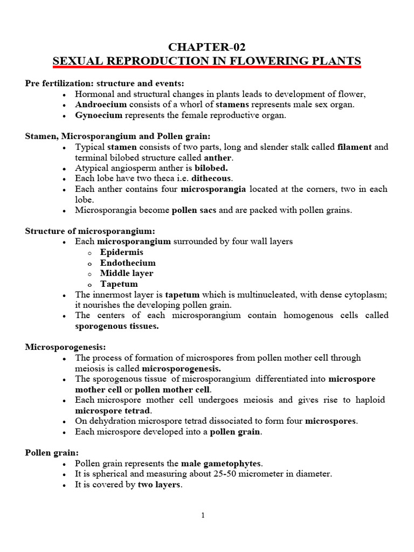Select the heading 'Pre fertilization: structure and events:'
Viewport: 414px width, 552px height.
pos(105,84)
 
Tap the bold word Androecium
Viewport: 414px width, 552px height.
pos(98,105)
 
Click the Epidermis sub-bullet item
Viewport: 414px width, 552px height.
pos(121,252)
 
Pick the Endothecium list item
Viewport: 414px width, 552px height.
pos(128,263)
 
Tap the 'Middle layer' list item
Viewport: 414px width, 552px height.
pos(127,273)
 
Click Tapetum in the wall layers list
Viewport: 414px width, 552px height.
pos(119,284)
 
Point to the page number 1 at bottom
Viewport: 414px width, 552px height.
pos(203,515)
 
